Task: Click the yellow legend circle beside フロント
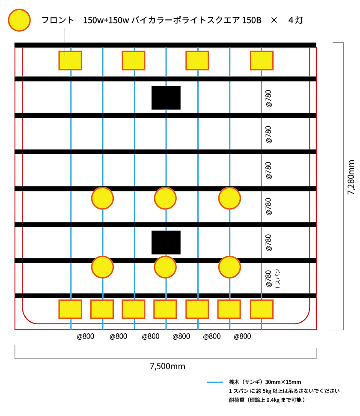point(19,20)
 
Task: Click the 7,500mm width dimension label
point(167,366)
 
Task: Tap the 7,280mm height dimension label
point(351,177)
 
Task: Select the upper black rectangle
point(166,97)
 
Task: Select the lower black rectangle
point(166,242)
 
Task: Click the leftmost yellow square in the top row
point(70,60)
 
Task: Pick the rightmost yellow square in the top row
point(262,60)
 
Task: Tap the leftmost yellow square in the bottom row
point(70,309)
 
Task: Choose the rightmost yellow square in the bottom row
point(262,309)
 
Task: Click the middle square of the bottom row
point(165,309)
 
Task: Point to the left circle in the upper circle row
point(102,198)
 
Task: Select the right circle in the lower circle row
point(229,267)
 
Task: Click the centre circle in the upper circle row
point(165,198)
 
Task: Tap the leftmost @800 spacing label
point(86,336)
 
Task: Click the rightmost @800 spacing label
point(242,336)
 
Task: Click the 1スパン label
point(277,279)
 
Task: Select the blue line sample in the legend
point(215,382)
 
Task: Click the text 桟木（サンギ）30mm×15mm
point(265,382)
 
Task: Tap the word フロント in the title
point(57,20)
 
